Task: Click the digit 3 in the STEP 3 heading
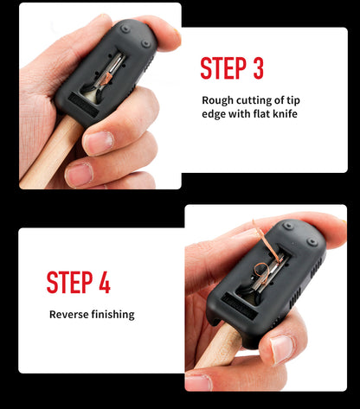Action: [x=259, y=68]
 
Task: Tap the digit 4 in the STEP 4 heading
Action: [x=105, y=282]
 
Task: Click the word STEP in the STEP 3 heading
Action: [x=223, y=68]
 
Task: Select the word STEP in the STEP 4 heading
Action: [x=69, y=282]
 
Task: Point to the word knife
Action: [x=285, y=113]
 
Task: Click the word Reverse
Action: [x=69, y=314]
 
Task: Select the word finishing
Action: [x=113, y=315]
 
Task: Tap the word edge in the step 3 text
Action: [x=214, y=114]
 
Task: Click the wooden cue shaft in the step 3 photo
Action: [x=49, y=154]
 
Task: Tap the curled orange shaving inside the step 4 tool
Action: [x=260, y=271]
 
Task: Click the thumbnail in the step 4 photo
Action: [x=282, y=349]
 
